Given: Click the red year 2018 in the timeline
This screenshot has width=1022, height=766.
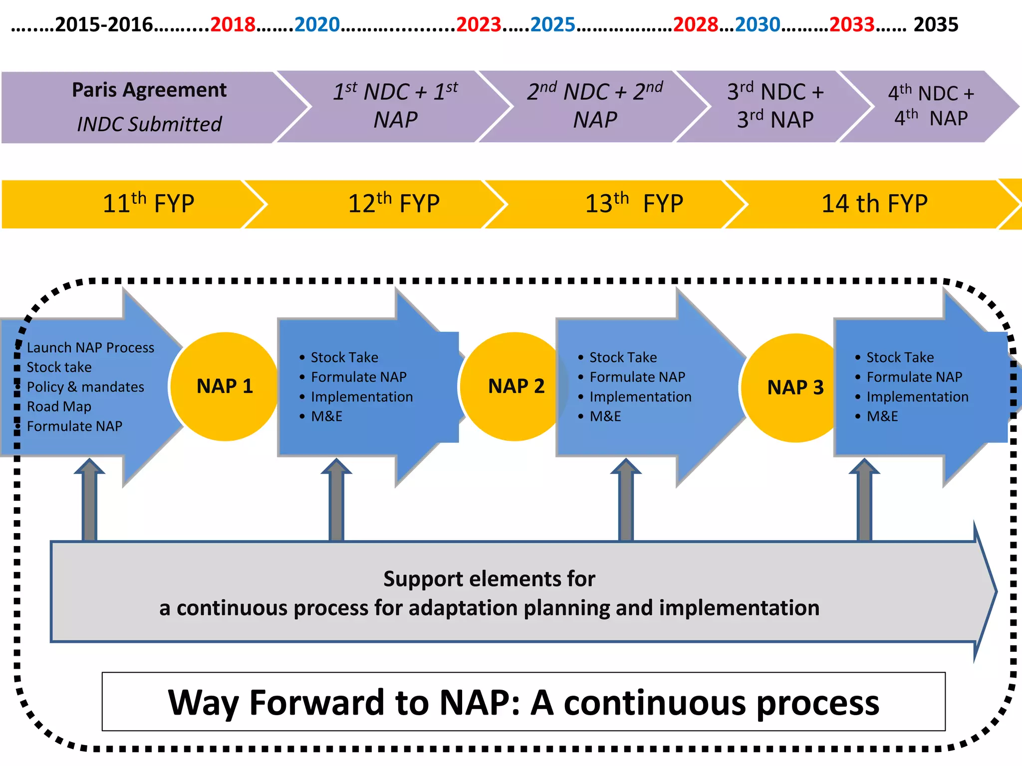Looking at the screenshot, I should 233,24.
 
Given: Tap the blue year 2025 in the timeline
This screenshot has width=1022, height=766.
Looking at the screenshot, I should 552,24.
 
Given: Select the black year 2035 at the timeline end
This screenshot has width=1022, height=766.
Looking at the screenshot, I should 936,24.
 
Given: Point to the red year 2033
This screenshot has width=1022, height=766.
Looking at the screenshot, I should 851,24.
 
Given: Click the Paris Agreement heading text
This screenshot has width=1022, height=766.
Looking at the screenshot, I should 149,90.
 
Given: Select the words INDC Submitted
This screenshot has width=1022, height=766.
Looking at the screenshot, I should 149,124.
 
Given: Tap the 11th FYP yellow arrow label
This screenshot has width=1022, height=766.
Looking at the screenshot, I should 148,203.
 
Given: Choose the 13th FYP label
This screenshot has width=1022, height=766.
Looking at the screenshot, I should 634,203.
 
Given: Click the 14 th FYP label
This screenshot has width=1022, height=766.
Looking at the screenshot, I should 874,203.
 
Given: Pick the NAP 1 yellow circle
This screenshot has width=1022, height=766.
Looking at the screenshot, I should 225,386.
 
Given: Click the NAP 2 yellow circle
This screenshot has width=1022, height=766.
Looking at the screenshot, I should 515,386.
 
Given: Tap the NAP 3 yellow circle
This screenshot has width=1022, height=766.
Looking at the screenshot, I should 795,387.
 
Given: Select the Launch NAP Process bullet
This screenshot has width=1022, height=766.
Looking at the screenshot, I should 90,348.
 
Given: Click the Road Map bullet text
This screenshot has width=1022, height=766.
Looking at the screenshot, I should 59,407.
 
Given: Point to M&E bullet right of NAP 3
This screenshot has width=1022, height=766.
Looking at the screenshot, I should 882,416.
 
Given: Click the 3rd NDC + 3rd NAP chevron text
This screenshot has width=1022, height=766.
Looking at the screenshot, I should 775,106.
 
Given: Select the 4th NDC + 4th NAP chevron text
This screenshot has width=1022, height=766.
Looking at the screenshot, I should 931,106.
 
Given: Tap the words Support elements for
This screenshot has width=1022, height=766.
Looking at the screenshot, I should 489,579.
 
